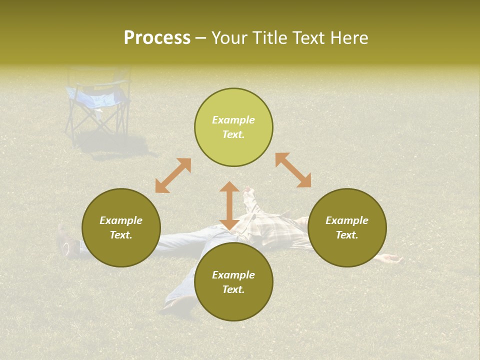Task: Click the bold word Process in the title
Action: coord(157,38)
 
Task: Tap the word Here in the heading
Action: coord(349,38)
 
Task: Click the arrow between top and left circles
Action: coord(173,175)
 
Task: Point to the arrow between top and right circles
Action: coord(293,170)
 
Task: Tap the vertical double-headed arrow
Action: coord(229,205)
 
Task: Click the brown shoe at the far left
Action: coord(64,241)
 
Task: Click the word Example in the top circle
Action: coord(233,120)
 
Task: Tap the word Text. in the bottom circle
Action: coord(233,289)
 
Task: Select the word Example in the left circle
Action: coord(121,220)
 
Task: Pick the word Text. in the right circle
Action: coord(347,235)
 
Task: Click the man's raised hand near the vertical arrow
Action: coord(248,192)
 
